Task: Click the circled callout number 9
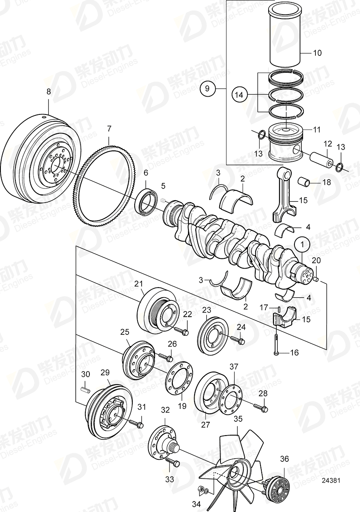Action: click(x=208, y=88)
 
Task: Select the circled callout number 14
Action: click(x=239, y=95)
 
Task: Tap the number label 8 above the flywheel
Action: click(x=49, y=92)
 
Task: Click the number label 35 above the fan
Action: click(x=238, y=419)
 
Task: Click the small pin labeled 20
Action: click(x=317, y=279)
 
